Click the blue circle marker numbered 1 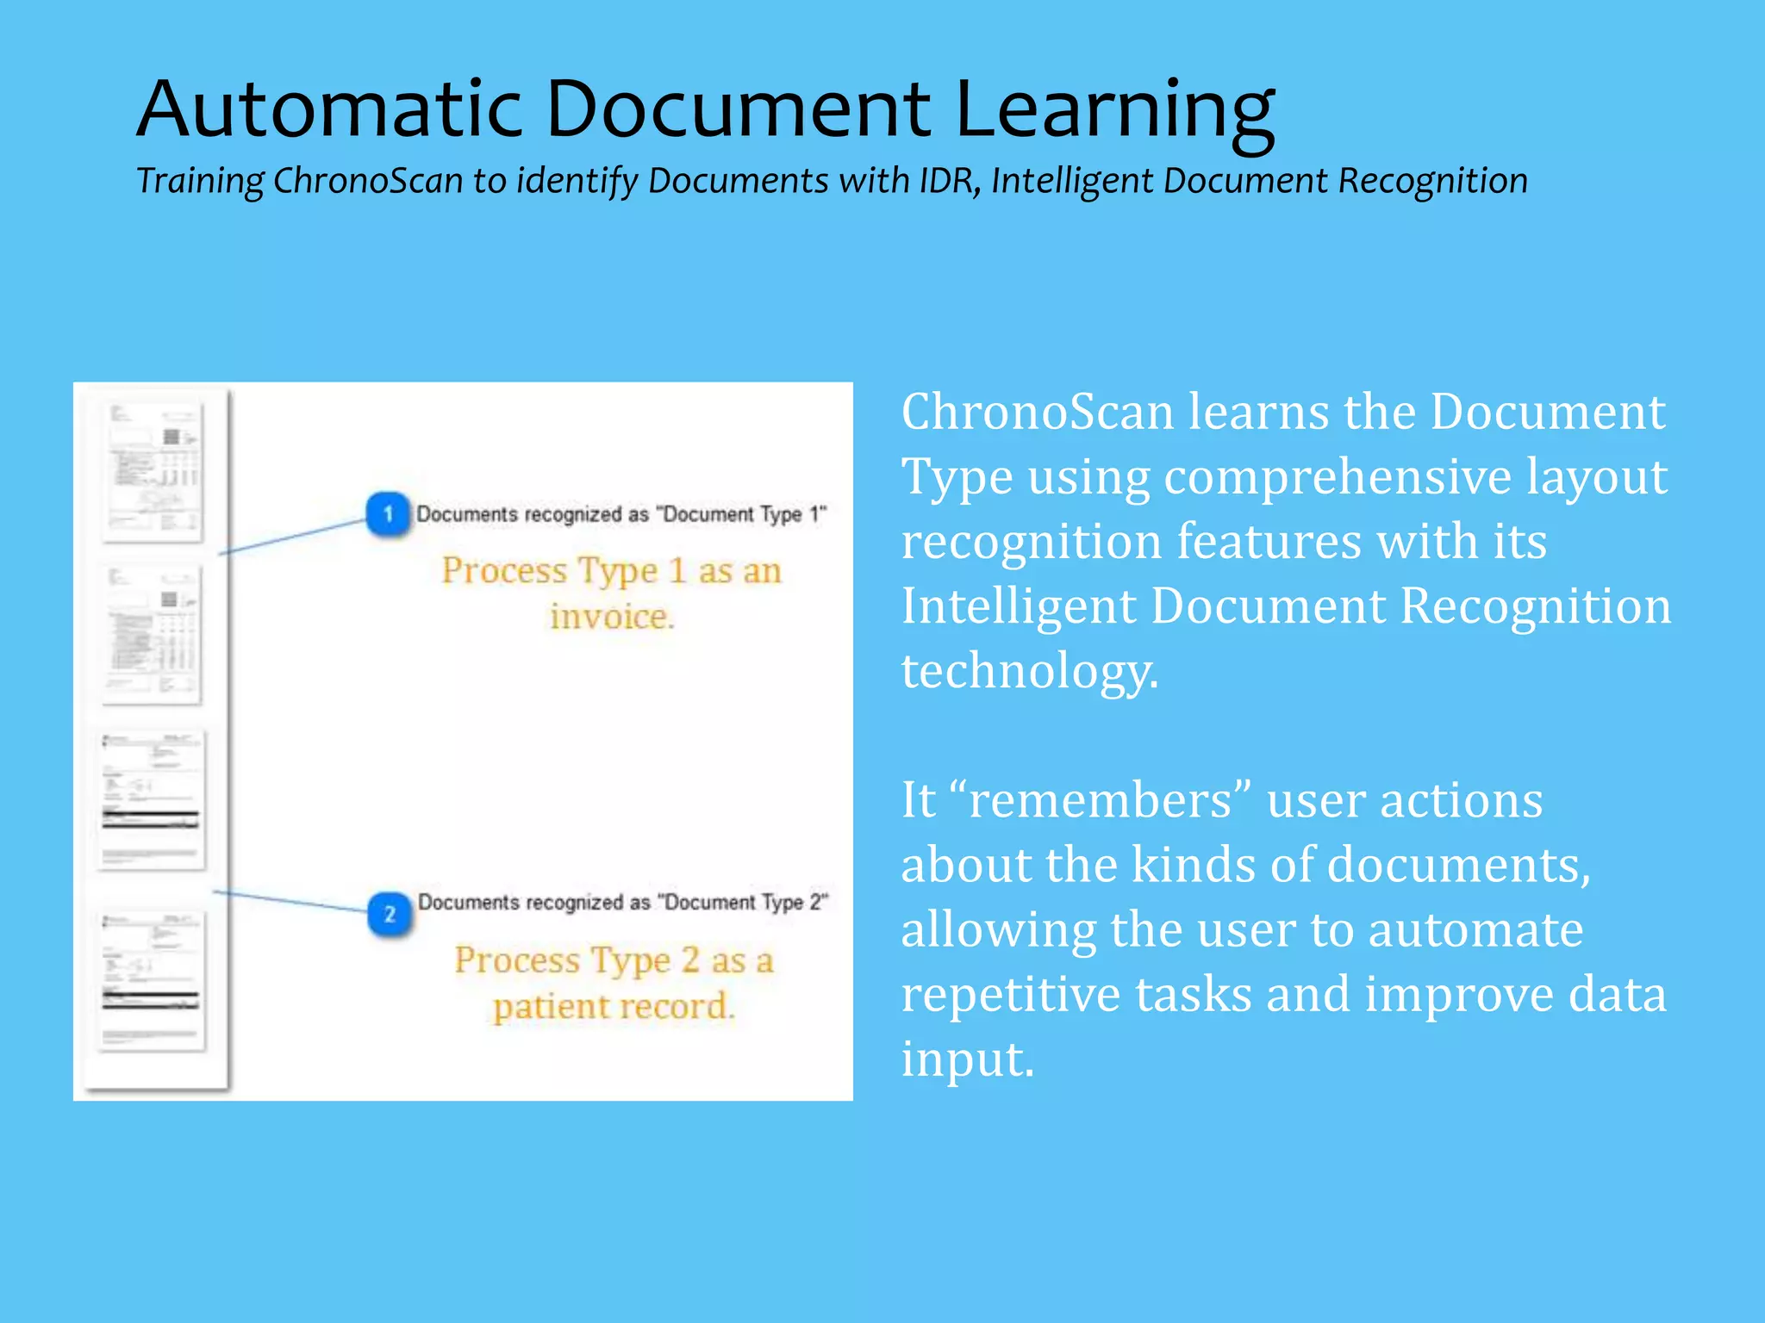pyautogui.click(x=388, y=514)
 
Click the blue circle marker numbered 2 pyautogui.click(x=390, y=914)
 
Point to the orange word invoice pyautogui.click(x=612, y=617)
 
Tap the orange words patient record pyautogui.click(x=614, y=1006)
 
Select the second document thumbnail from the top pyautogui.click(x=153, y=634)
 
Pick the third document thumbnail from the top pyautogui.click(x=153, y=799)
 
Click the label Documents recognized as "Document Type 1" pyautogui.click(x=621, y=514)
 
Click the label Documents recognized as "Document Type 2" pyautogui.click(x=622, y=902)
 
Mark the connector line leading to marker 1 pyautogui.click(x=293, y=537)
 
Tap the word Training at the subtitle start pyautogui.click(x=200, y=182)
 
